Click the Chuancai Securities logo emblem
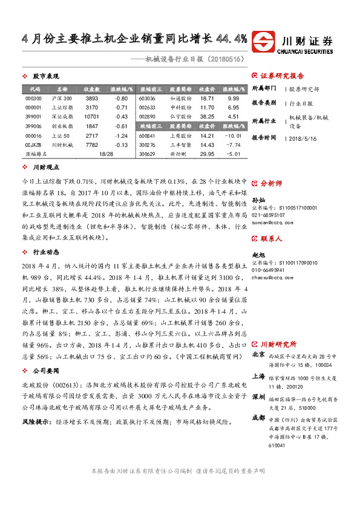coord(264,41)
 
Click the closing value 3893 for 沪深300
coord(91,98)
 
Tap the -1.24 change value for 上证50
coord(120,135)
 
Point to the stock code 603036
coord(147,98)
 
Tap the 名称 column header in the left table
coord(62,88)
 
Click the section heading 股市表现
coord(45,77)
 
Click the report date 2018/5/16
coord(303,138)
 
